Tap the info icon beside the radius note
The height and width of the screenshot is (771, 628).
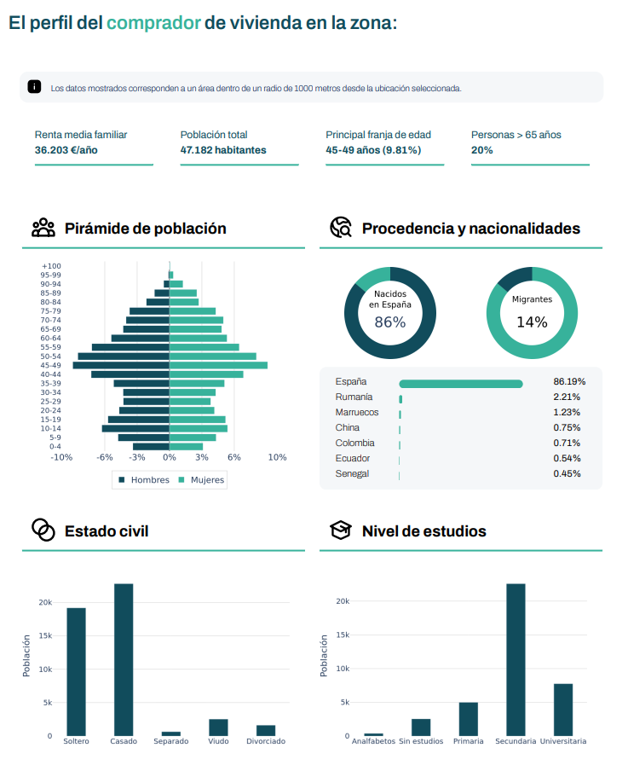(34, 87)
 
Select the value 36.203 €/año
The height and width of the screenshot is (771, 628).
(66, 150)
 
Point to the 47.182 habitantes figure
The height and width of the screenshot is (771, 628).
(223, 150)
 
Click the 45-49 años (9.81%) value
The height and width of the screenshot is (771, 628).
(373, 150)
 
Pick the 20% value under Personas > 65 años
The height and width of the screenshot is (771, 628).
(481, 150)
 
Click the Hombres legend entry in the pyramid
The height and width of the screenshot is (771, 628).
(144, 480)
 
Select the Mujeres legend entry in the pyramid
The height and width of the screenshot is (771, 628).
(201, 480)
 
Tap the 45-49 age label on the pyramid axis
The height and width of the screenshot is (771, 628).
(50, 365)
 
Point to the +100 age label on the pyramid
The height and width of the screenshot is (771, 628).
(51, 266)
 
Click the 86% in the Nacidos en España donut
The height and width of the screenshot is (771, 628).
(390, 322)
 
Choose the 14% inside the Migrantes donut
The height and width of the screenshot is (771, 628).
(532, 322)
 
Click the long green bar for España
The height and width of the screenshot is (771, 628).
(461, 384)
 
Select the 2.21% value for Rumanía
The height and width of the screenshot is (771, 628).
(567, 397)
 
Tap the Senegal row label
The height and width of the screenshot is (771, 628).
(351, 474)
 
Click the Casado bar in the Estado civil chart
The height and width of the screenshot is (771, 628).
(124, 659)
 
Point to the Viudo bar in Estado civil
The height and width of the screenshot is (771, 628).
(218, 727)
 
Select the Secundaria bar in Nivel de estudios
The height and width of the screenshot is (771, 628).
(516, 659)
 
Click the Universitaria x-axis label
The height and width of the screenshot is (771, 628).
(563, 742)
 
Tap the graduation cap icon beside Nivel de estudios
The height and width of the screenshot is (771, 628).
(341, 531)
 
